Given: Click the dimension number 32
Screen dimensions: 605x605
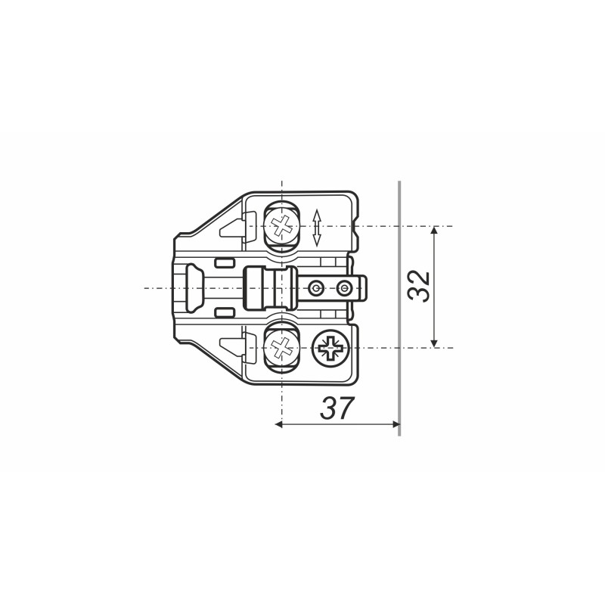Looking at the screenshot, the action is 419,287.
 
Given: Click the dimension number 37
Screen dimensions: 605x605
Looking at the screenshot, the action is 337,408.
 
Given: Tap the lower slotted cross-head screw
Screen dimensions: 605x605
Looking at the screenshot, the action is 281,348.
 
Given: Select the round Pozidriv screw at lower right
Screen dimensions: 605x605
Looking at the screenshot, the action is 330,348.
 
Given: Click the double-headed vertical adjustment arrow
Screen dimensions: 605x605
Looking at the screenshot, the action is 317,228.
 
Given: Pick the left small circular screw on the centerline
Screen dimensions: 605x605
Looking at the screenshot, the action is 316,287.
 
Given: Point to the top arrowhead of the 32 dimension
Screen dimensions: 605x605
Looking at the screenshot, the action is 434,231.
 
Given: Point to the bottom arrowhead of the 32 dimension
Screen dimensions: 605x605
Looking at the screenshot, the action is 434,343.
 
